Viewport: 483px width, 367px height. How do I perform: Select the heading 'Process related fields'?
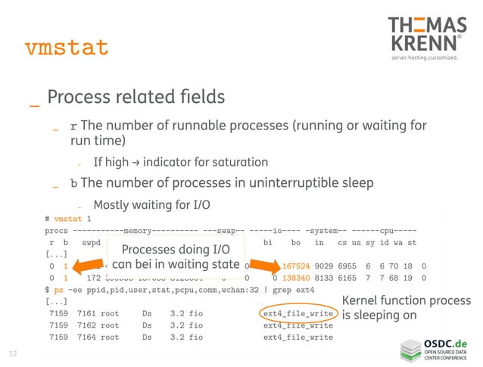[x=136, y=98]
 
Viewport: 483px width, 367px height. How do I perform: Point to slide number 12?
[x=13, y=353]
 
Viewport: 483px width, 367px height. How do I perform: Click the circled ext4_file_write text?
[x=298, y=313]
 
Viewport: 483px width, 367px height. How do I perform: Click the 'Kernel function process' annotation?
[x=407, y=300]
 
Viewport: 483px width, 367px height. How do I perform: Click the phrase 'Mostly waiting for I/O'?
[x=151, y=204]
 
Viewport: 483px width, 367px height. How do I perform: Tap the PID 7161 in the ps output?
[x=86, y=313]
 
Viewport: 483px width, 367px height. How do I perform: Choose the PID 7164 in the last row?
[x=86, y=337]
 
